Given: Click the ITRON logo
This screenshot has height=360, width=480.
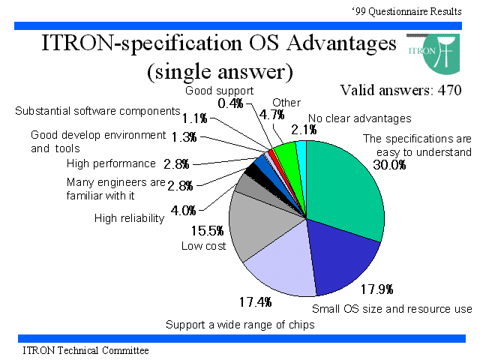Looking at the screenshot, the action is coord(434,54).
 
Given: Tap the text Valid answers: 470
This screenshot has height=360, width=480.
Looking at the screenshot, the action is coord(400,90).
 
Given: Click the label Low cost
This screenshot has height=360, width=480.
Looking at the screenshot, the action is coord(203,246).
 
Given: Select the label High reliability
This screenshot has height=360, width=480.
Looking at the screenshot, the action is coord(129,218).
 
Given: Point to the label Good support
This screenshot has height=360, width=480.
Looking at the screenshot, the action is coord(220,91).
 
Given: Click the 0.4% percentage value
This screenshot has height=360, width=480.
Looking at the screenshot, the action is coord(230,103).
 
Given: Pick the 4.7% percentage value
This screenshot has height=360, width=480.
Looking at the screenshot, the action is coord(272,115).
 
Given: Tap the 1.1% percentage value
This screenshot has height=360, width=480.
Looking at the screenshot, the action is coord(195,118).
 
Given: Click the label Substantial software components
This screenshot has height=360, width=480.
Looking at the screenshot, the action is coord(97,111).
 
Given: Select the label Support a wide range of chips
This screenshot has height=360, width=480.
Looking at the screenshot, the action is coord(240,325).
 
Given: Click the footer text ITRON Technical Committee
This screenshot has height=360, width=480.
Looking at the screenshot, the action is coord(85,350).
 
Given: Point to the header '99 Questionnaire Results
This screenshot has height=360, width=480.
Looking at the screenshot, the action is coord(406,12).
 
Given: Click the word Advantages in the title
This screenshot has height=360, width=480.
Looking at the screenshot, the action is coord(342,43).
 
